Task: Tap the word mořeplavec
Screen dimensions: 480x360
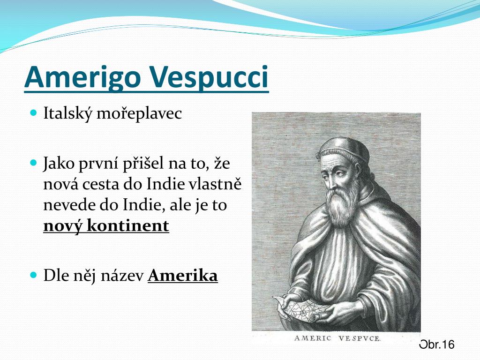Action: (139, 114)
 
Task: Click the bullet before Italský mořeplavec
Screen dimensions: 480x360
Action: (34, 112)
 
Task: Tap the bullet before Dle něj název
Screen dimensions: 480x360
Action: (34, 274)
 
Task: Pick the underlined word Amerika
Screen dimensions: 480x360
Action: (183, 275)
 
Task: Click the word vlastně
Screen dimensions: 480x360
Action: (215, 184)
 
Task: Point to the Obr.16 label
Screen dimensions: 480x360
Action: (437, 345)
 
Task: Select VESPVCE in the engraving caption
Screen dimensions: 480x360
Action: (360, 338)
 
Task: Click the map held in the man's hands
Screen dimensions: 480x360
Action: (300, 309)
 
